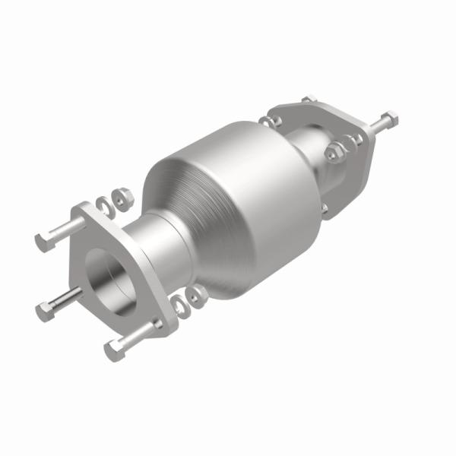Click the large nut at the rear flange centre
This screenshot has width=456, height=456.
click(334, 151)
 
